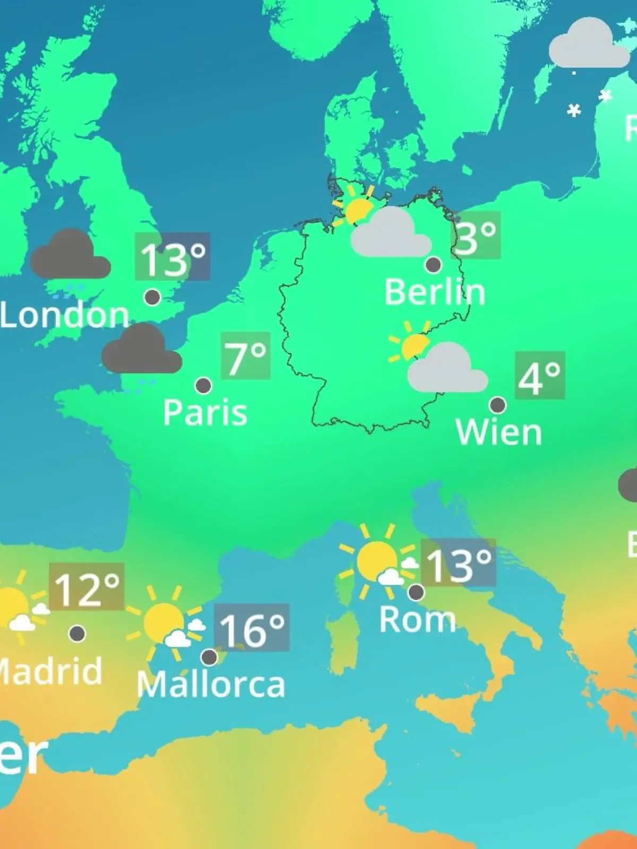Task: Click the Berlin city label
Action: [x=434, y=292]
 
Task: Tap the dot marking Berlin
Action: [x=433, y=264]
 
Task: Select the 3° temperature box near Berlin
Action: [x=476, y=236]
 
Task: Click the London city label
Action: [x=65, y=315]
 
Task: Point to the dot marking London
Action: [x=152, y=297]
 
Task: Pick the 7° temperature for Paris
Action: [x=245, y=356]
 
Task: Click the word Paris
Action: [x=205, y=412]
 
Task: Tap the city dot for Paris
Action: [x=203, y=385]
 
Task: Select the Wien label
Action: [x=498, y=432]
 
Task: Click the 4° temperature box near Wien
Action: [x=539, y=376]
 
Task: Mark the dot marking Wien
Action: [x=497, y=405]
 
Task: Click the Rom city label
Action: [x=417, y=619]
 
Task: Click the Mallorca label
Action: [x=211, y=685]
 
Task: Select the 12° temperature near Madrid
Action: [x=87, y=587]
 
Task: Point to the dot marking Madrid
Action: [x=78, y=633]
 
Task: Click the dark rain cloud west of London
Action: [x=70, y=256]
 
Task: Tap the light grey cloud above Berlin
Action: [x=391, y=233]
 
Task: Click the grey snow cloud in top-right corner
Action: [x=588, y=45]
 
